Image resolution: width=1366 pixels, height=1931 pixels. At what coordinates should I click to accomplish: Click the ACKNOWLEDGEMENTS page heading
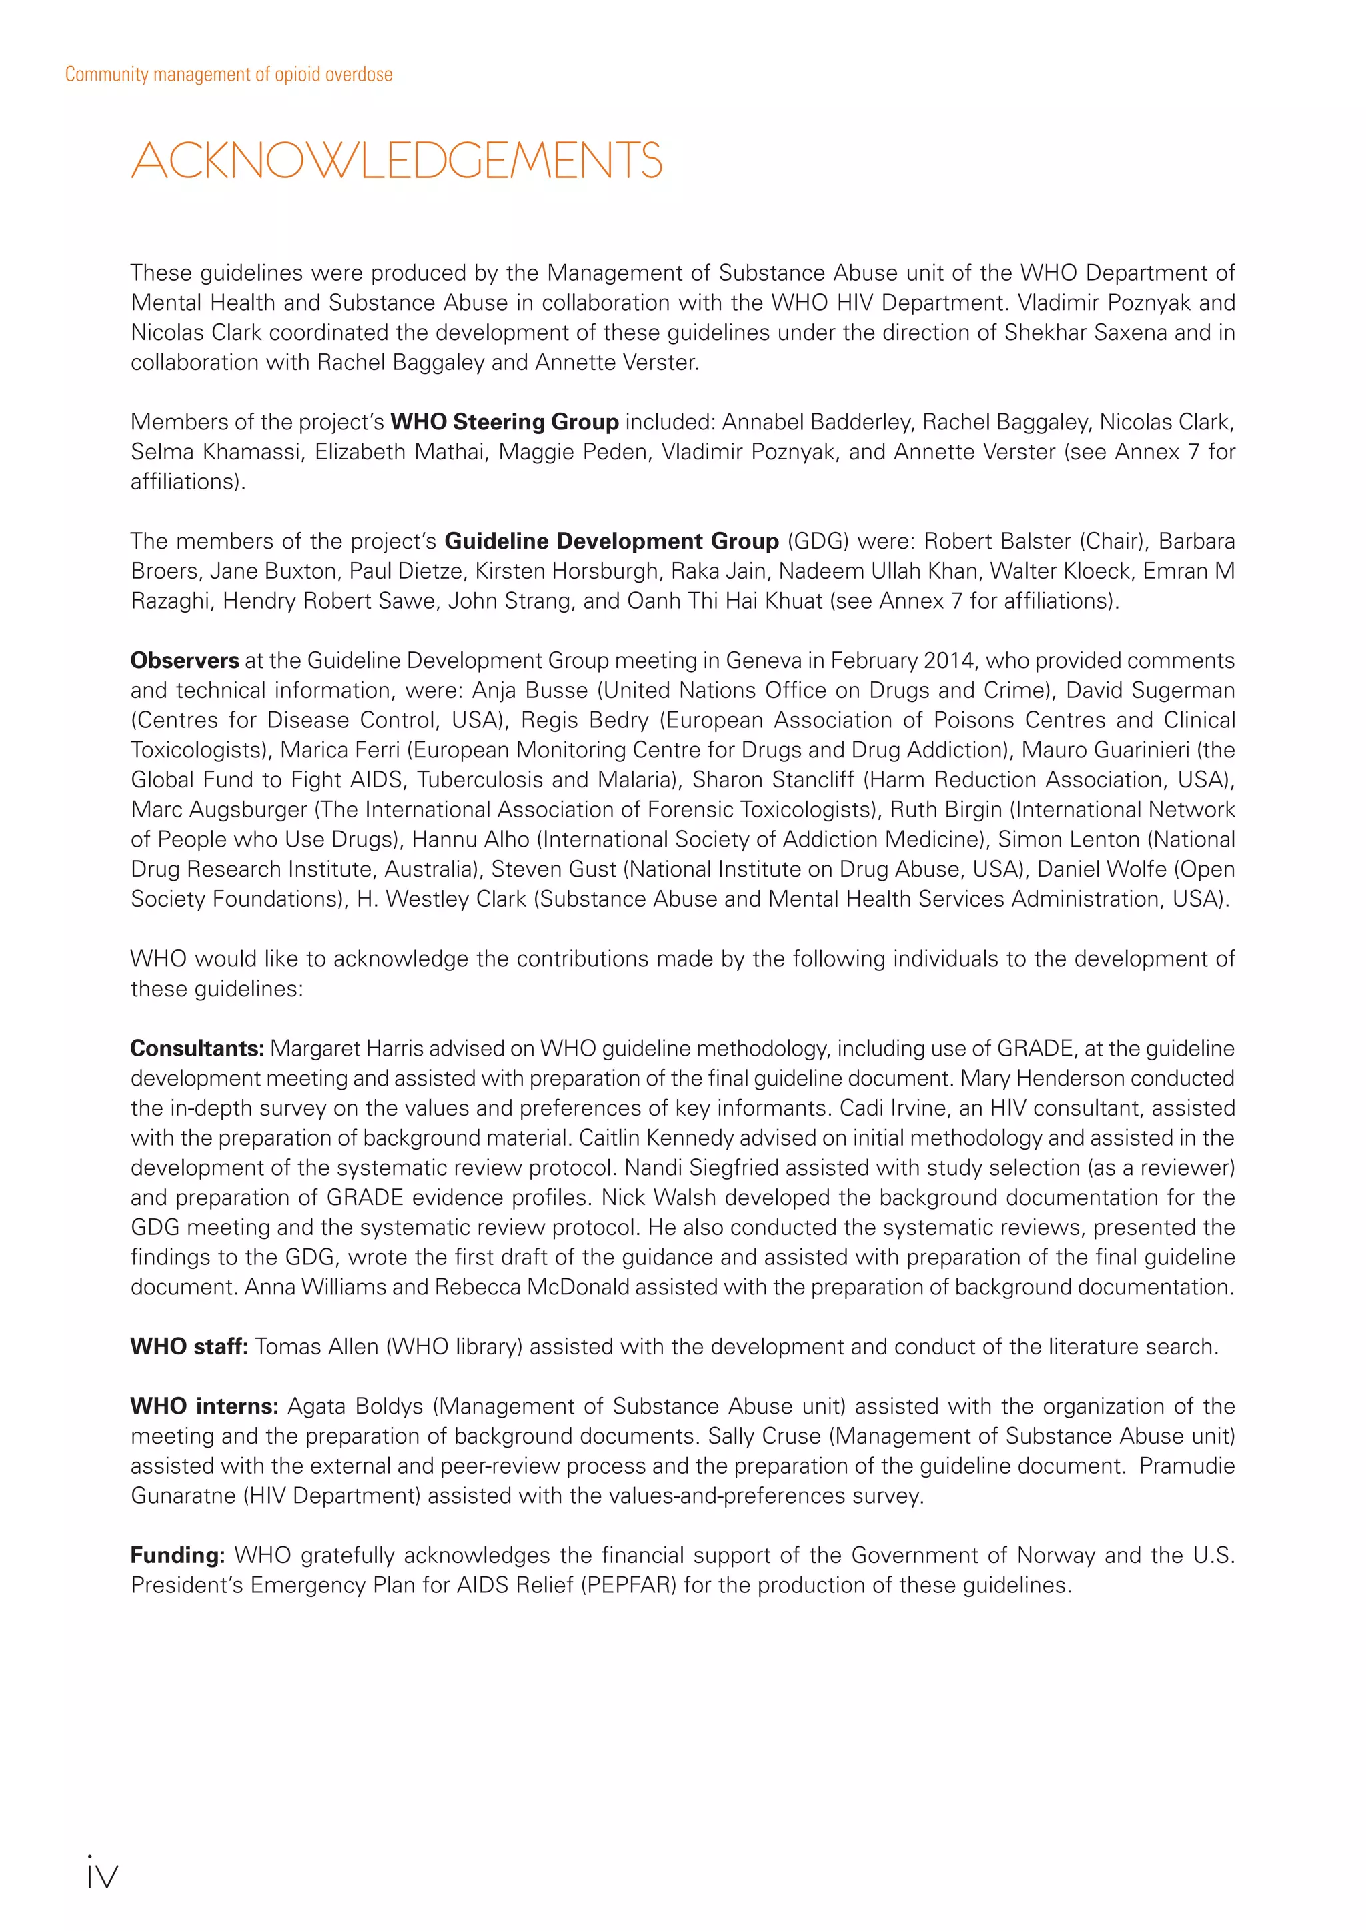point(396,161)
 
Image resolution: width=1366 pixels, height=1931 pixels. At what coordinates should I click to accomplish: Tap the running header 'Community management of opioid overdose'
point(229,75)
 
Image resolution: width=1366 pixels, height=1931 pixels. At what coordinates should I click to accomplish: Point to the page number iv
point(102,1876)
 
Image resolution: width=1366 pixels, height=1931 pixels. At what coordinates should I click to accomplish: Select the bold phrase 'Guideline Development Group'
point(612,541)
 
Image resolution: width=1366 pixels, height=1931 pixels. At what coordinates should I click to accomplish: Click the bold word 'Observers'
point(184,661)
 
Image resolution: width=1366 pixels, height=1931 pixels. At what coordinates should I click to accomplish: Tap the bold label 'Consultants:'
point(197,1049)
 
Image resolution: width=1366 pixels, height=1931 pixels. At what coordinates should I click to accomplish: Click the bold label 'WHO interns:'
point(203,1406)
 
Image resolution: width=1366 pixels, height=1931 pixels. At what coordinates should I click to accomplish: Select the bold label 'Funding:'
point(177,1555)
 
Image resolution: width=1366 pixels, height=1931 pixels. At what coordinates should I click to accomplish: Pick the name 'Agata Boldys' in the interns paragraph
point(355,1406)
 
